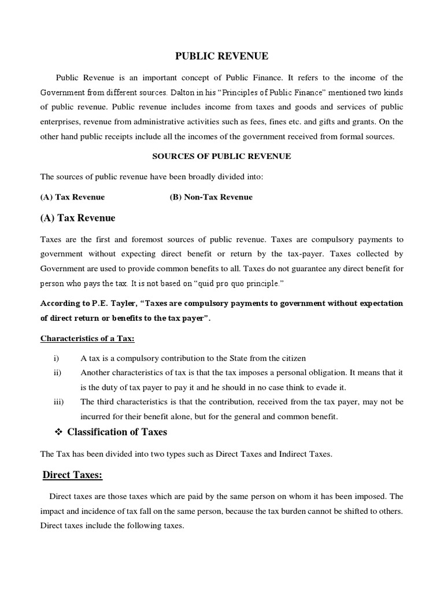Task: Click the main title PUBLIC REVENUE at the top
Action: (221, 56)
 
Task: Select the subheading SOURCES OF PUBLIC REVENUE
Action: (221, 156)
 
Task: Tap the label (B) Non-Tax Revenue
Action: (211, 197)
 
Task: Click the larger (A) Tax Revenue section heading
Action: (77, 218)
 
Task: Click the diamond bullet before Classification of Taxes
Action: (58, 432)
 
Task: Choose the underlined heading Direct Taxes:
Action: (73, 475)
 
